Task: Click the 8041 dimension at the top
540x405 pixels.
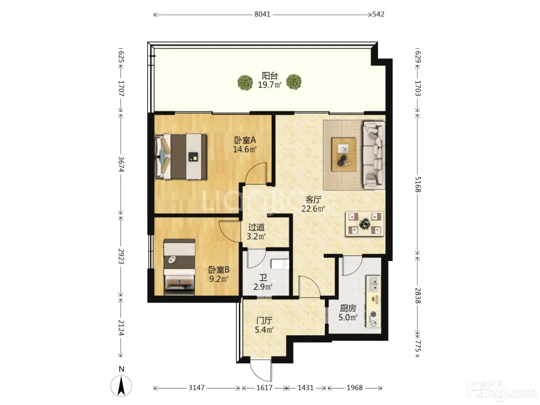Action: point(262,14)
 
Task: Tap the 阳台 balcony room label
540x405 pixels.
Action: point(270,76)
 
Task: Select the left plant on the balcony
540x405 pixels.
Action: point(245,82)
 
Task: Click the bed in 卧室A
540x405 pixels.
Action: point(181,156)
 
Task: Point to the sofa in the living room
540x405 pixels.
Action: point(374,155)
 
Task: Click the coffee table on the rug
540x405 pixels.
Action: point(343,154)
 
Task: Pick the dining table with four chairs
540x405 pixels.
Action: point(364,224)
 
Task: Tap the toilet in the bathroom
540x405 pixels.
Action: point(280,264)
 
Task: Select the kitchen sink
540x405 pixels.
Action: point(373,284)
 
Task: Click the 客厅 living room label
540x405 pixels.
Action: point(313,199)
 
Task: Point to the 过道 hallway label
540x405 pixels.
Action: point(256,227)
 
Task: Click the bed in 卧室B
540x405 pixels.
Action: point(179,267)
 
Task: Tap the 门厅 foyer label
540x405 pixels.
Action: point(264,321)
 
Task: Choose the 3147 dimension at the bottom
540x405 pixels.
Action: point(196,388)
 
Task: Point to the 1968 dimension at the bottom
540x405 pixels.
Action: point(354,388)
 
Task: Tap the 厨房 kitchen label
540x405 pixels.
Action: point(348,308)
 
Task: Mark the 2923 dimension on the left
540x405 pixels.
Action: point(121,256)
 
